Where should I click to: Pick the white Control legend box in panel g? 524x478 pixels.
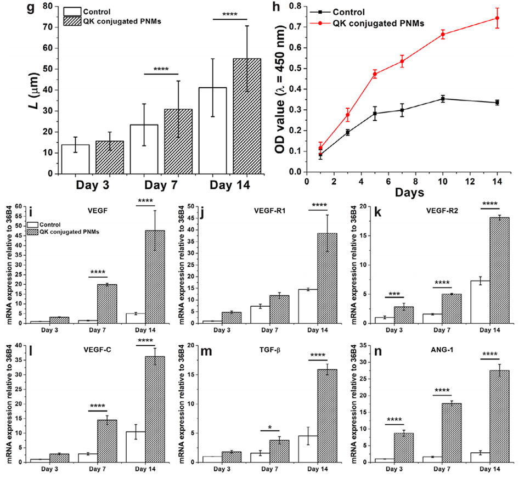click(72, 12)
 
